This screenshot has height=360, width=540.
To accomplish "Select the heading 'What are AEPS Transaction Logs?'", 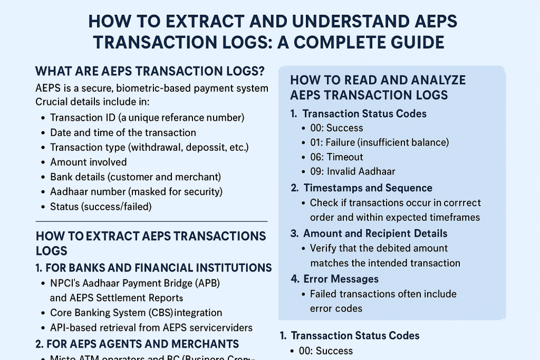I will (149, 71).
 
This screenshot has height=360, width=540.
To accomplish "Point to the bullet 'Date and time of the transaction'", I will (123, 132).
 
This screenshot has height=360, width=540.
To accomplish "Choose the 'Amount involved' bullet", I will (88, 162).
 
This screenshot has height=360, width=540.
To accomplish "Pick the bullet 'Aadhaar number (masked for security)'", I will (136, 191).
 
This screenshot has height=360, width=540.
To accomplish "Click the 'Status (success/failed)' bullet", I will (101, 206).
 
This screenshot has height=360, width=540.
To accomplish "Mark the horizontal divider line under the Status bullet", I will (151, 221).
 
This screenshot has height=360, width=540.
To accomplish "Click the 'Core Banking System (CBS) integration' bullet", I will (136, 313).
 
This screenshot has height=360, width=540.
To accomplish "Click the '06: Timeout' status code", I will (337, 157).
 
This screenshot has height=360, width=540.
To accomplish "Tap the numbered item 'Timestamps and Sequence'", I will (368, 188).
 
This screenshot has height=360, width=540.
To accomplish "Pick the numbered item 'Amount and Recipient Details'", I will (375, 233).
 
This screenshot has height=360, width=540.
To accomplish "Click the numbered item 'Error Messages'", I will (341, 278).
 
